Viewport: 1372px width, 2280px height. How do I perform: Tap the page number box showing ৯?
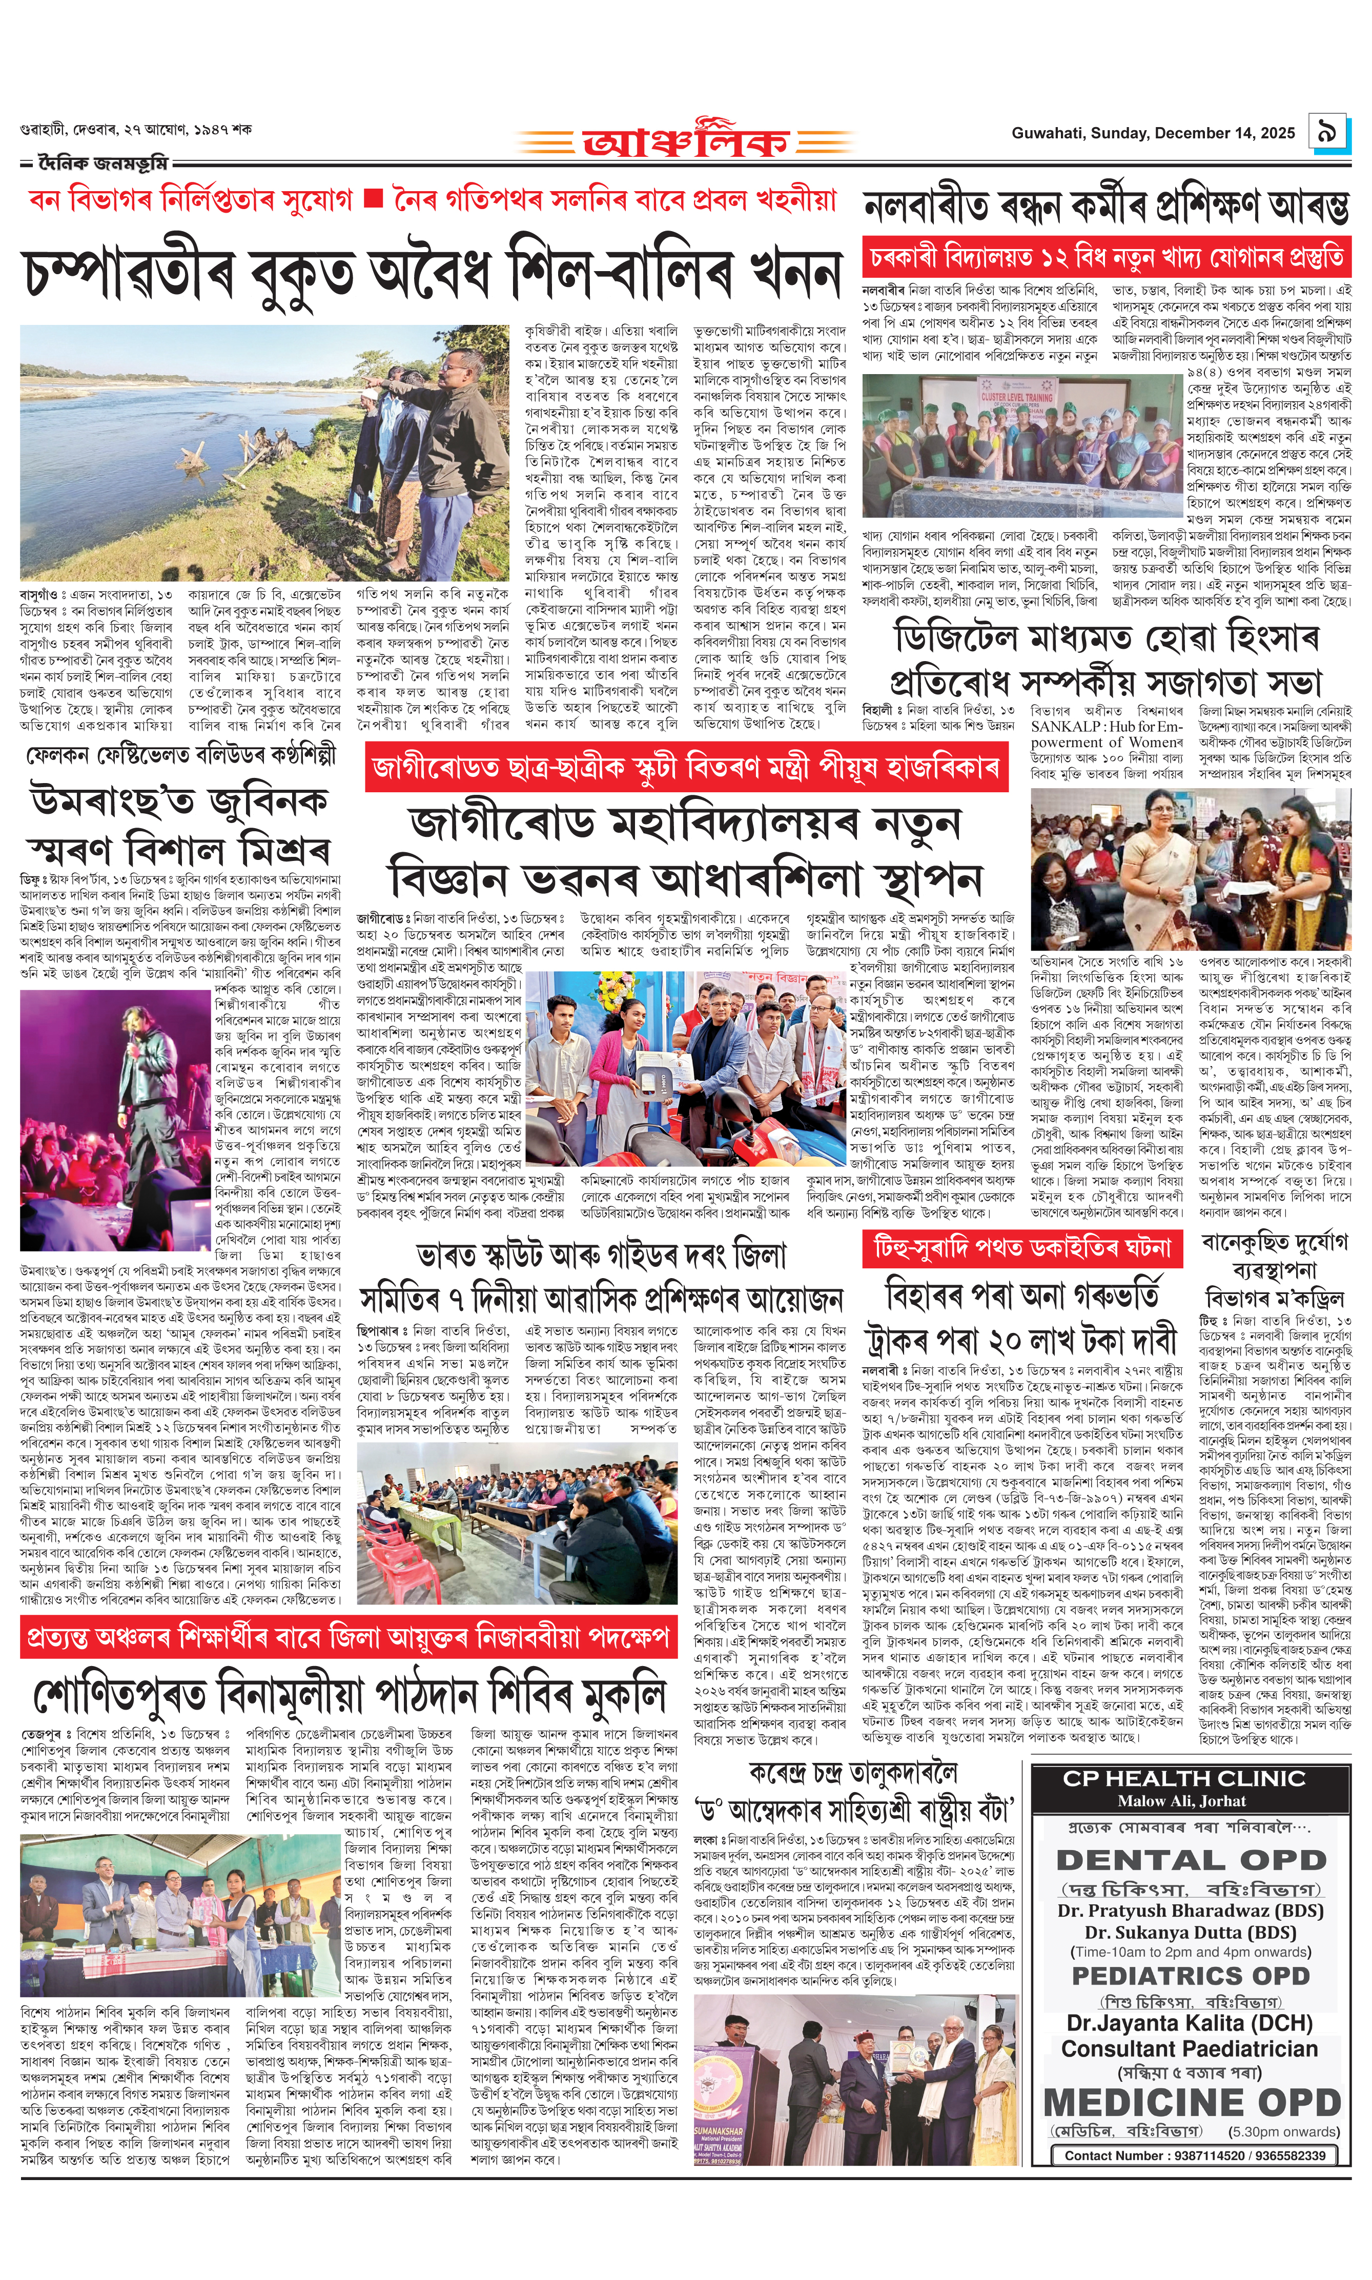coord(1328,132)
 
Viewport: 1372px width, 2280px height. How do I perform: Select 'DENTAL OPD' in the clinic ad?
coord(1190,1859)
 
